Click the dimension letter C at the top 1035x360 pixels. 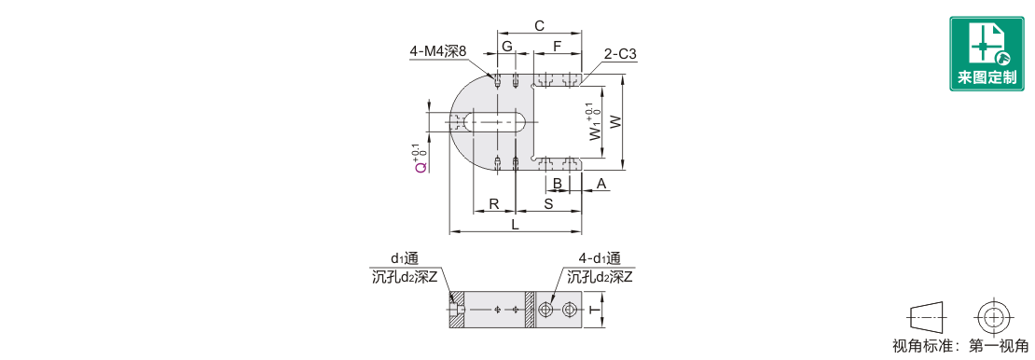(x=539, y=26)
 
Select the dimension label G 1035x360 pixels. (x=507, y=47)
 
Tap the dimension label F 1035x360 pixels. (x=557, y=47)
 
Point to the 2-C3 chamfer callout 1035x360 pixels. (x=620, y=55)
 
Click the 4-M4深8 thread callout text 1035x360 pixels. (x=437, y=51)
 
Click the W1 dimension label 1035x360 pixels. (x=596, y=122)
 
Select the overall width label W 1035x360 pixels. (x=614, y=122)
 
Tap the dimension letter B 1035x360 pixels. (x=557, y=183)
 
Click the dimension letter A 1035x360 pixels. (x=600, y=183)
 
